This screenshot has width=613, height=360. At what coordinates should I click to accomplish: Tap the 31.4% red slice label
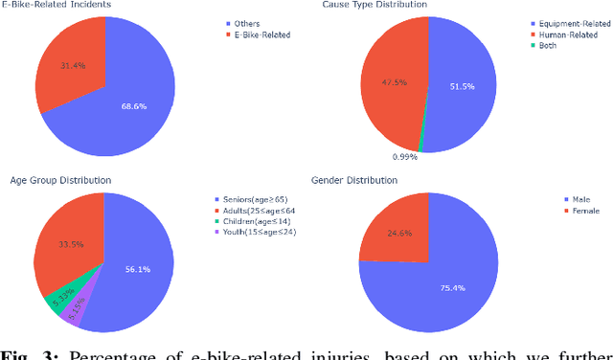point(58,65)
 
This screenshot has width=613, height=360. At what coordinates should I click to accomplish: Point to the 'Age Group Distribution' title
point(59,180)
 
